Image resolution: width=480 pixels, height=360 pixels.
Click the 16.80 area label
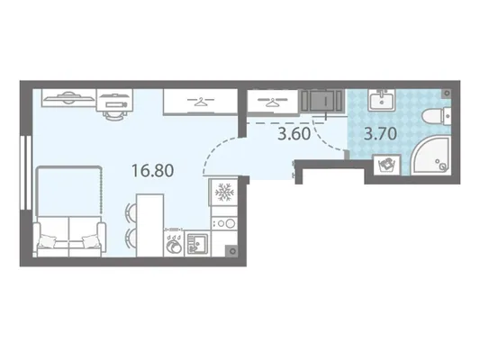pyautogui.click(x=153, y=171)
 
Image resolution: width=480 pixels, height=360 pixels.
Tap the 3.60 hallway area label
pyautogui.click(x=294, y=134)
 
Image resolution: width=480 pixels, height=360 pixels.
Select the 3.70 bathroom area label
pyautogui.click(x=381, y=134)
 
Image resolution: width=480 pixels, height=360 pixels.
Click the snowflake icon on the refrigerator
pyautogui.click(x=224, y=193)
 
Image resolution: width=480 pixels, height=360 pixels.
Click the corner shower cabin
pyautogui.click(x=431, y=157)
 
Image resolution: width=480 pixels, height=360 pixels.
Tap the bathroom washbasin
pyautogui.click(x=382, y=100)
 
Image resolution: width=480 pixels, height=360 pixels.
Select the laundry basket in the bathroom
pyautogui.click(x=387, y=166)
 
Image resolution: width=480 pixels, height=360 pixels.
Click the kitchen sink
pyautogui.click(x=197, y=244)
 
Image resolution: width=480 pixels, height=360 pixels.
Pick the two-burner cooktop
pyautogui.click(x=225, y=223)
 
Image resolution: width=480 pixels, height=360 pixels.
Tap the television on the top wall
pyautogui.click(x=68, y=97)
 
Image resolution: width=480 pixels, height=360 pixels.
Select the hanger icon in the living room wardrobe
pyautogui.click(x=201, y=101)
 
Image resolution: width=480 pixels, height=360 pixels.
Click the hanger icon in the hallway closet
pyautogui.click(x=273, y=101)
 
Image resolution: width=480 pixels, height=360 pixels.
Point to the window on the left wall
pyautogui.click(x=26, y=173)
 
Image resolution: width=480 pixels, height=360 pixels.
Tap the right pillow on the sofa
pyautogui.click(x=91, y=241)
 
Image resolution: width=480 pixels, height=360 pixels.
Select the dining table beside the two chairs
pyautogui.click(x=149, y=225)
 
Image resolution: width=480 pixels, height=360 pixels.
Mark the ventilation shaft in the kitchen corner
pyautogui.click(x=232, y=251)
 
